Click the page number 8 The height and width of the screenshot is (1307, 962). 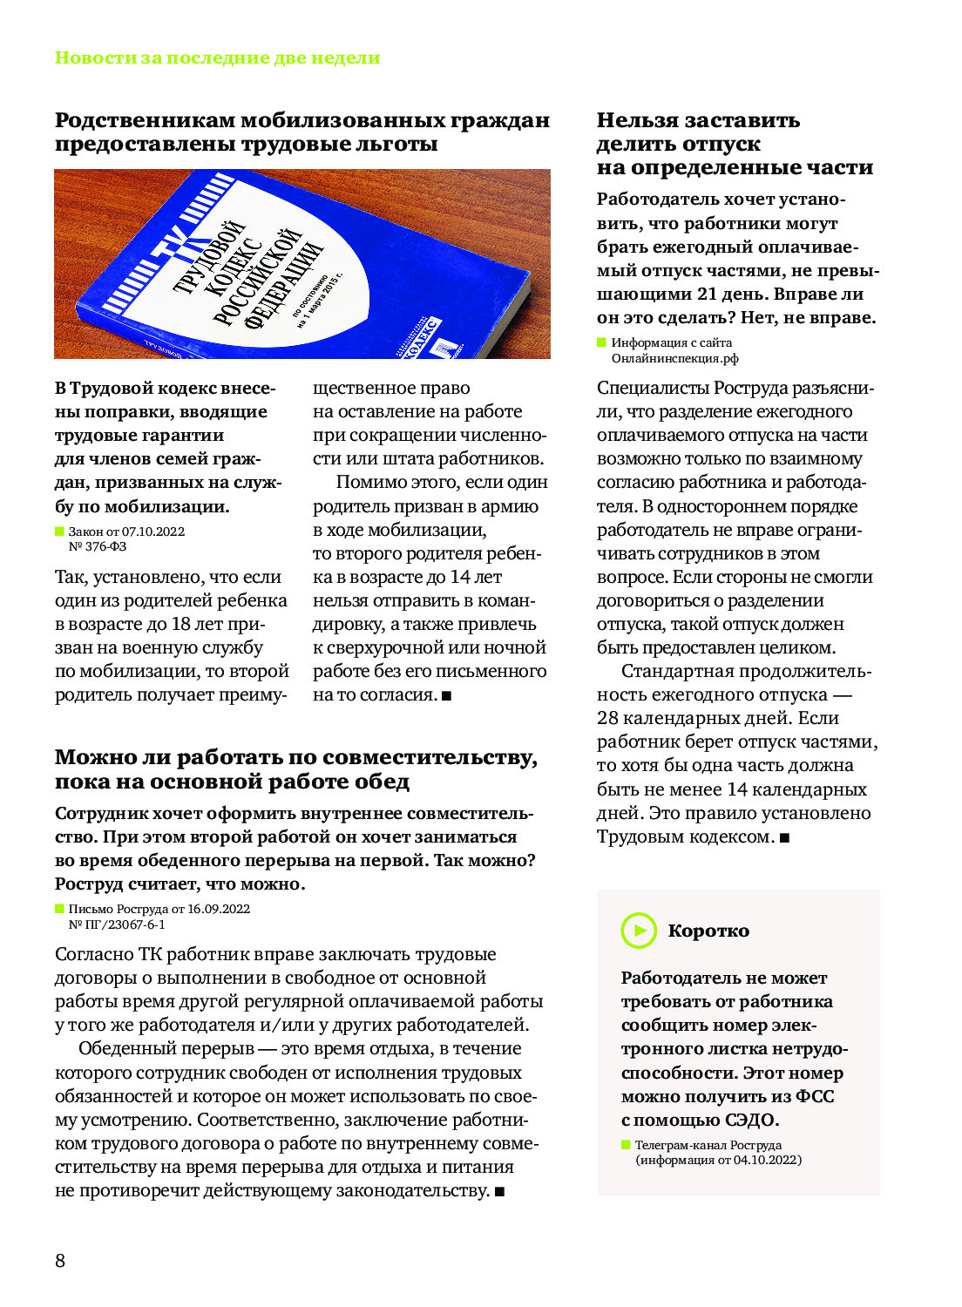[x=60, y=1260]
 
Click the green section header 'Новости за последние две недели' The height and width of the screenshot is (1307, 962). [x=217, y=58]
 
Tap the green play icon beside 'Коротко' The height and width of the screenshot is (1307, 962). [x=639, y=931]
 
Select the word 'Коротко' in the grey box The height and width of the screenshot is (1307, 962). [x=708, y=931]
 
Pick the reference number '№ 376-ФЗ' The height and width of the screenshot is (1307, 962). [x=98, y=546]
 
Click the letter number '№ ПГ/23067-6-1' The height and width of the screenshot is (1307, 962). [x=117, y=924]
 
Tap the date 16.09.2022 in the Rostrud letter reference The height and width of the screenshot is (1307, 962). [x=219, y=909]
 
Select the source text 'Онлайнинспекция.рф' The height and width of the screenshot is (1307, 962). [x=674, y=358]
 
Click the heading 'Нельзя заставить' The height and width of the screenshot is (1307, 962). [x=698, y=120]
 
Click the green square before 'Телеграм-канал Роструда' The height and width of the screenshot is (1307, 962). [x=626, y=1145]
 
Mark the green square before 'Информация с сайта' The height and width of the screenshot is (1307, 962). [x=601, y=342]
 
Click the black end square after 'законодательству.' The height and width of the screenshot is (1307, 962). [x=499, y=1191]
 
